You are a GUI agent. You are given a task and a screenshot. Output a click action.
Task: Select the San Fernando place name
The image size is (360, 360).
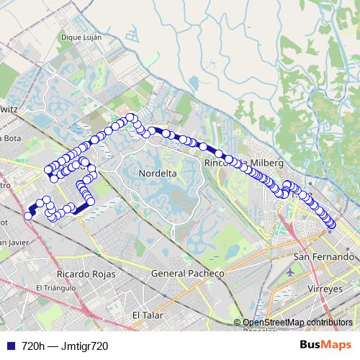pos(324,257)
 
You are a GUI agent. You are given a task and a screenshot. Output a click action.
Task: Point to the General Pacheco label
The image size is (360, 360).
pos(188,274)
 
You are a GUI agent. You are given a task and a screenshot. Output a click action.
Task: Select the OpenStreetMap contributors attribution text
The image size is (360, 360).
pos(297,323)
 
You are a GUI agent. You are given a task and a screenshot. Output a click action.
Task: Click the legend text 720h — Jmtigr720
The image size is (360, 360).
pos(65,346)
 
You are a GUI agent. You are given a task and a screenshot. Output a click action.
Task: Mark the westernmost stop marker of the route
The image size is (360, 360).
pos(28,215)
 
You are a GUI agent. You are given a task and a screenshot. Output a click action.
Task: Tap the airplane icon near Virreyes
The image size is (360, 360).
pos(289,274)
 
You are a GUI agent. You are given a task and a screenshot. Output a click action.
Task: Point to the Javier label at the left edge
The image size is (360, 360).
pos(14,242)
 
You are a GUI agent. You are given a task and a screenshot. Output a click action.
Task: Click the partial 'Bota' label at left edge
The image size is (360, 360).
pos(10,138)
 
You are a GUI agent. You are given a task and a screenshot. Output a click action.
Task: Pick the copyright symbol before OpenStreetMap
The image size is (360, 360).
pos(238,323)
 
